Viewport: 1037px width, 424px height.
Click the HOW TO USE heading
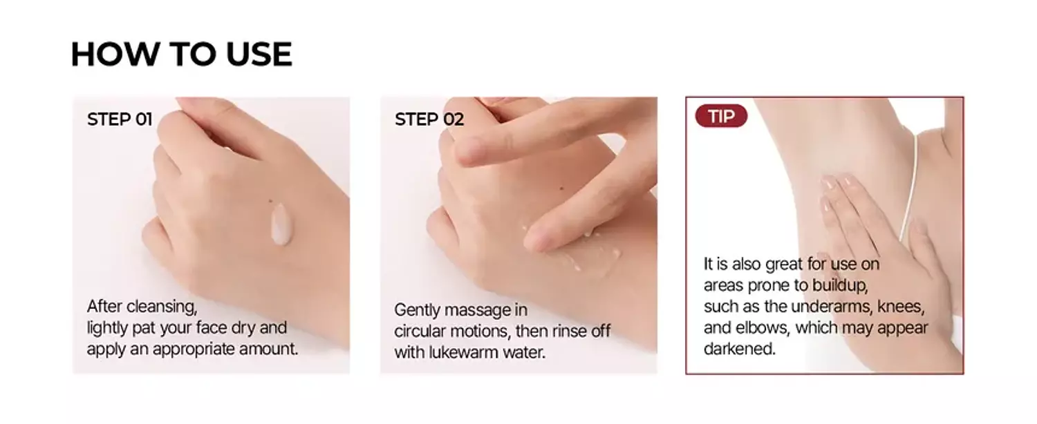click(x=181, y=55)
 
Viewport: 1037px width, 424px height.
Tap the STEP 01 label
click(x=120, y=119)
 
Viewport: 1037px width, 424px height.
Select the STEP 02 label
click(x=429, y=119)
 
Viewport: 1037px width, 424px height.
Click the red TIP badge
click(x=721, y=116)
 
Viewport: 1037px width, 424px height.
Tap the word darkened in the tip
click(x=738, y=349)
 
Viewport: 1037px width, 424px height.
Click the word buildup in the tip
click(x=839, y=285)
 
